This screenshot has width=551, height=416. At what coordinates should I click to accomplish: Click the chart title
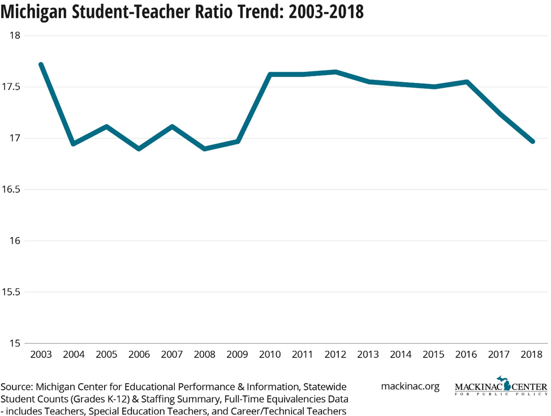pyautogui.click(x=182, y=12)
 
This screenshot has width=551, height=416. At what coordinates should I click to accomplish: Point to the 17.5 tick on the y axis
pyautogui.click(x=11, y=87)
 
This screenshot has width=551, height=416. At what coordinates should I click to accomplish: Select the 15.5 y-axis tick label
pyautogui.click(x=11, y=292)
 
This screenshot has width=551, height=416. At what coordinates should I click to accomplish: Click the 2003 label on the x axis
pyautogui.click(x=41, y=355)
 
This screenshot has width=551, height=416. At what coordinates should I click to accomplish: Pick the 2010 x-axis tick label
pyautogui.click(x=270, y=355)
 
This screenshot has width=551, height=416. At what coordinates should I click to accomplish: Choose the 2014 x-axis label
pyautogui.click(x=401, y=355)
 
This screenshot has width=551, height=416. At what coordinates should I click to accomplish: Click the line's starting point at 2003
pyautogui.click(x=41, y=65)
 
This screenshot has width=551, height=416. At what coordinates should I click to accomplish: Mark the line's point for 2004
pyautogui.click(x=74, y=144)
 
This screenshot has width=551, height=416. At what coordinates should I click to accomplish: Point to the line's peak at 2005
pyautogui.click(x=106, y=126)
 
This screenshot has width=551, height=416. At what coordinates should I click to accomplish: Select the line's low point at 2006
pyautogui.click(x=139, y=149)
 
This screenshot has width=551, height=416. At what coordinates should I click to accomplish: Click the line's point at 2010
pyautogui.click(x=270, y=74)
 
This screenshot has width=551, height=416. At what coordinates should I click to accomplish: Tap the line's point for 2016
pyautogui.click(x=467, y=82)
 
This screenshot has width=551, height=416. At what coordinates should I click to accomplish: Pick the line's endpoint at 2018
pyautogui.click(x=532, y=141)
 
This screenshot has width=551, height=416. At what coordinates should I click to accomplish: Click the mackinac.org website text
pyautogui.click(x=410, y=387)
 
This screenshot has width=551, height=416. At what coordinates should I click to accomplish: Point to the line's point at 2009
pyautogui.click(x=238, y=141)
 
